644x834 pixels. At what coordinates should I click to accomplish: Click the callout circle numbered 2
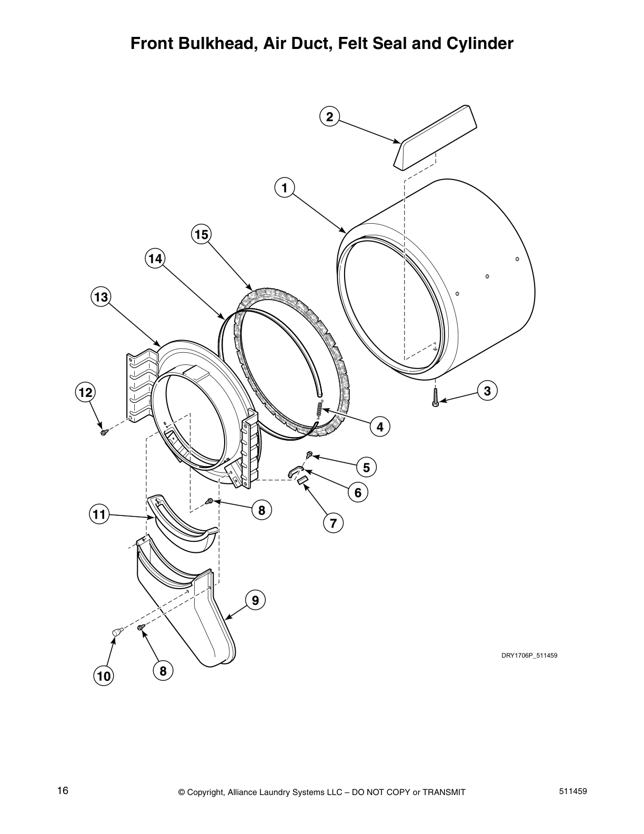tap(329, 116)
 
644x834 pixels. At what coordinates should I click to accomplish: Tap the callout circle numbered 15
tap(201, 234)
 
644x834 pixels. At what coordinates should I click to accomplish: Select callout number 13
tap(100, 297)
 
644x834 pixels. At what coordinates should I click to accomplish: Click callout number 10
tap(104, 676)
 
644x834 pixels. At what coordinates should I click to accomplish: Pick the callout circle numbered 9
tap(255, 600)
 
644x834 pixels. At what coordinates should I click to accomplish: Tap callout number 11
tap(99, 514)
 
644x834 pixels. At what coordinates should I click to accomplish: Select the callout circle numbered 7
tap(333, 523)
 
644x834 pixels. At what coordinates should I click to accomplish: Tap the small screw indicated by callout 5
tap(309, 453)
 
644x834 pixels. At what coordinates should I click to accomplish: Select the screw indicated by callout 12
tap(104, 432)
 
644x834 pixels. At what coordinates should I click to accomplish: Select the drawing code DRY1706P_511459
tap(529, 656)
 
